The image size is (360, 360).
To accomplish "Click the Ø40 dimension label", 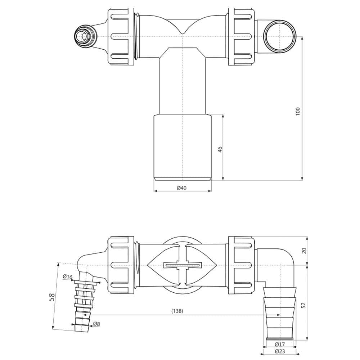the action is (181, 188).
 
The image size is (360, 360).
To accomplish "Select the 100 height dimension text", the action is (298, 111).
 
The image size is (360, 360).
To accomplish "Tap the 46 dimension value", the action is (220, 149).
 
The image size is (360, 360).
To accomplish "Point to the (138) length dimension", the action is (177, 311).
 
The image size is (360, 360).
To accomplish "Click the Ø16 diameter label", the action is (68, 277).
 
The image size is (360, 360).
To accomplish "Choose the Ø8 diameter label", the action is (96, 324).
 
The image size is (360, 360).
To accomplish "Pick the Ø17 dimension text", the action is (280, 344).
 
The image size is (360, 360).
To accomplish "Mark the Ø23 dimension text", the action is (280, 351).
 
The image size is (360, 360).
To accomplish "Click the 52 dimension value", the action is (303, 305).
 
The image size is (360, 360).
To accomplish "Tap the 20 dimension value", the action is (304, 251).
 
